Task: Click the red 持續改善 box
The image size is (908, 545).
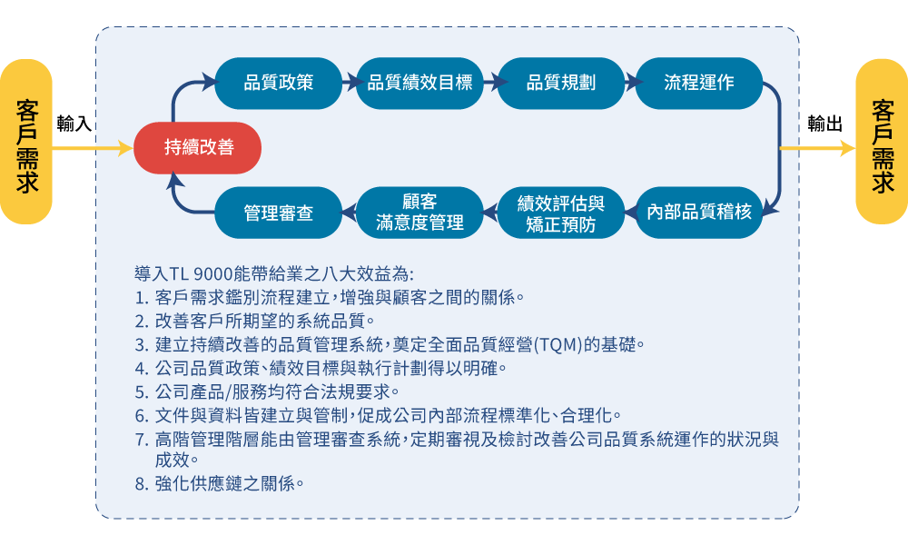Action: point(197,148)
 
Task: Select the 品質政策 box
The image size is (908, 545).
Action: point(279,83)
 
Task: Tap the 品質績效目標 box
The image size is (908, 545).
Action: point(419,83)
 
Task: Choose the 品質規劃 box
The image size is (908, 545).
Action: point(560,83)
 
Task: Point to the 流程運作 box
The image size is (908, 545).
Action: point(699,83)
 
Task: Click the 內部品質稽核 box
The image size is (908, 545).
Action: point(699,212)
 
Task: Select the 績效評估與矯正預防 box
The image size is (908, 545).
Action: point(560,212)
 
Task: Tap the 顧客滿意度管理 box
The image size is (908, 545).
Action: point(419,212)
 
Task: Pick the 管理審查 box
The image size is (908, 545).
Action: point(279,212)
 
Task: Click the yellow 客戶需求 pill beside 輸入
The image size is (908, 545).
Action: point(26,142)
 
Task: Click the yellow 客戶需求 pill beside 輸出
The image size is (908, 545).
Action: point(882,142)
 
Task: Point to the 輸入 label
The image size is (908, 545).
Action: point(74,124)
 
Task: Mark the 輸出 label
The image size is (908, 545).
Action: point(824,124)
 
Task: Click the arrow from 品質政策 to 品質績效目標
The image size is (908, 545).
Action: point(350,83)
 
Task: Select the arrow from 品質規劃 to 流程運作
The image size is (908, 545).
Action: point(631,83)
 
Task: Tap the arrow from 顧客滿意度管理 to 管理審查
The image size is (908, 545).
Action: point(350,213)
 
